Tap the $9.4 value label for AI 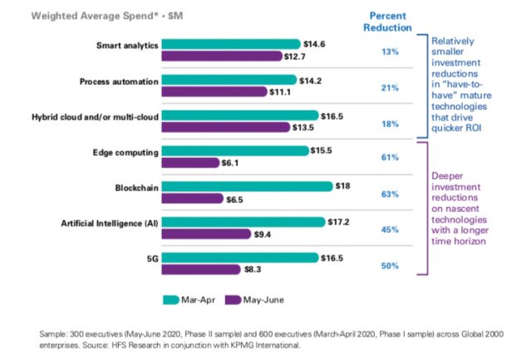[x=264, y=234]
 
